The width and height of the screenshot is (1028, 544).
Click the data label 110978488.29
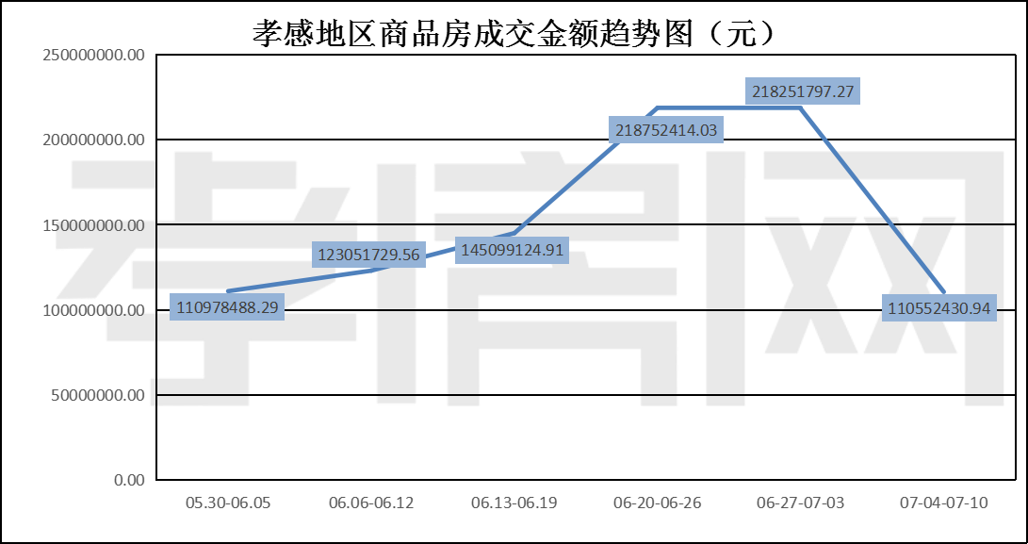pos(227,307)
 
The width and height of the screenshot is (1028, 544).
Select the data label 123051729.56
pos(367,255)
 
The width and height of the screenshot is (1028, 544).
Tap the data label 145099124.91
pos(512,250)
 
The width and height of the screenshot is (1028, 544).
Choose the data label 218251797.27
pos(803,91)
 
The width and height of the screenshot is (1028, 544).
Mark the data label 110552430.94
pos(939,307)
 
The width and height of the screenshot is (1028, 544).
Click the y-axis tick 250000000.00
pos(94,55)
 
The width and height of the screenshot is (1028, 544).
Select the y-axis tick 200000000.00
pos(94,140)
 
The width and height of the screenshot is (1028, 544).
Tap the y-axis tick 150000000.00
pos(94,225)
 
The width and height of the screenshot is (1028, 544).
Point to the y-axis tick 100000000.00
pos(94,310)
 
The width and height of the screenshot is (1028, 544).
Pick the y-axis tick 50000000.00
pos(98,395)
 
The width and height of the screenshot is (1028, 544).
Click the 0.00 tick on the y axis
pos(129,480)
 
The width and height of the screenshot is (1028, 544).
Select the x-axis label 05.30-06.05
pos(228,503)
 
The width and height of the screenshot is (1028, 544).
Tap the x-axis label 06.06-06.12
pos(371,503)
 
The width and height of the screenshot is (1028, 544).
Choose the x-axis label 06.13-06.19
pos(514,503)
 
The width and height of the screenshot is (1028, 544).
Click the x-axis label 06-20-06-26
pos(657,503)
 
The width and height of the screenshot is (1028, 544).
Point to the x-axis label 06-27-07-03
pos(800,503)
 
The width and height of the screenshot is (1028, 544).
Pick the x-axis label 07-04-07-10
pos(943,503)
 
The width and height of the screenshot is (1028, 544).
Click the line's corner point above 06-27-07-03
pos(801,108)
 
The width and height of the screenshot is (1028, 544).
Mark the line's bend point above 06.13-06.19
pos(514,232)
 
